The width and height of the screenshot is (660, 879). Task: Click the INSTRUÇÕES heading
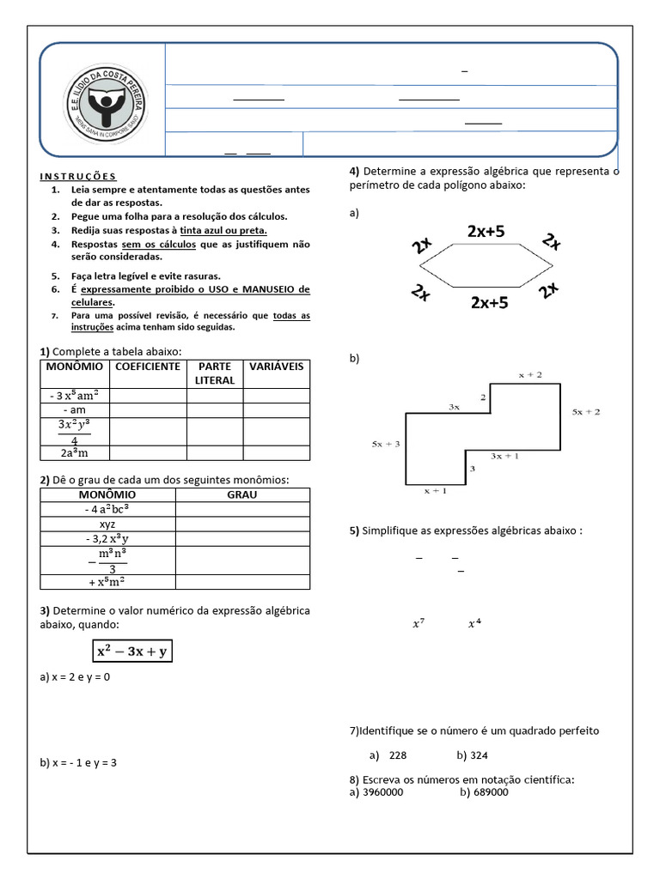(x=78, y=176)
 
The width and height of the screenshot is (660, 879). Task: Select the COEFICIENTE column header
(x=148, y=367)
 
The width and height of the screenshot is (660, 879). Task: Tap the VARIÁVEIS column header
(x=276, y=367)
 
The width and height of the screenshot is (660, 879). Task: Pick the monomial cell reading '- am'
(x=75, y=410)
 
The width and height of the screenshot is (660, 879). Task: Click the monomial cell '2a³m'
(x=75, y=452)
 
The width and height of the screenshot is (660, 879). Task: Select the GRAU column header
(x=241, y=495)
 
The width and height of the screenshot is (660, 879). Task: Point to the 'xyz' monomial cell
(x=107, y=524)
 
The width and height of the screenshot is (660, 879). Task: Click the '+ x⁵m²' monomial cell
(x=107, y=582)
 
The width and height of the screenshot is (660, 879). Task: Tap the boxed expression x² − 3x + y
(x=133, y=652)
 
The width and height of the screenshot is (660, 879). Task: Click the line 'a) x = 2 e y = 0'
(x=76, y=677)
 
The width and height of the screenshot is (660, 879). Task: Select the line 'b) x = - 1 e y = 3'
(x=78, y=762)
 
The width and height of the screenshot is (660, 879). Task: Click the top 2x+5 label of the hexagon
(x=487, y=231)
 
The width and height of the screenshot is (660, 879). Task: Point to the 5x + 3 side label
(x=386, y=444)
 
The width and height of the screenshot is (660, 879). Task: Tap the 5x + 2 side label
(x=586, y=412)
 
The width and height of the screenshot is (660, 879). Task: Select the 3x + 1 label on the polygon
(x=504, y=457)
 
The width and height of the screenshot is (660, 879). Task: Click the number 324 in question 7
(x=479, y=755)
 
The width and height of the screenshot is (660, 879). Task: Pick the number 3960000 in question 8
(x=382, y=792)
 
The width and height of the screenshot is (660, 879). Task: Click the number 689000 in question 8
(x=491, y=792)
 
